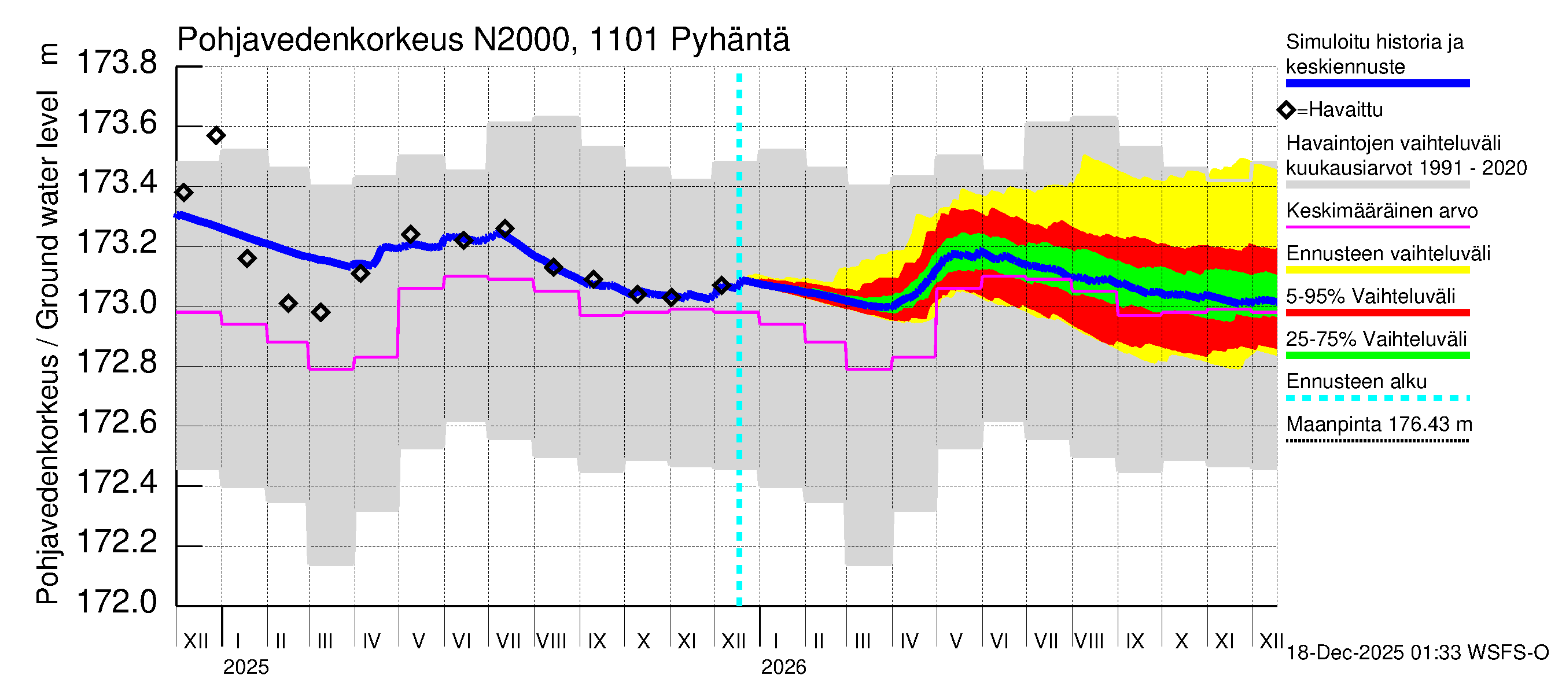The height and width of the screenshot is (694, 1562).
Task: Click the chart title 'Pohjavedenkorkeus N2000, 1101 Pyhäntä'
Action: (x=482, y=40)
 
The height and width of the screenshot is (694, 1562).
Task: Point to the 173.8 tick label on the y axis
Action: (x=117, y=63)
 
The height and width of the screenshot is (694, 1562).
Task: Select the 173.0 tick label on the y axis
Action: (x=117, y=302)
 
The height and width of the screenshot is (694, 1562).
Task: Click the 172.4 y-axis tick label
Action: (x=117, y=482)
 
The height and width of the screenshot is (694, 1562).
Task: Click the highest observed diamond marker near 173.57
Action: (x=216, y=136)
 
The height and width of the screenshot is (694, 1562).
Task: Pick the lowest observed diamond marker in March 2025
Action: (x=320, y=313)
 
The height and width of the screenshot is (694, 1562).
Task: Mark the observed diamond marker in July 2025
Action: (x=504, y=229)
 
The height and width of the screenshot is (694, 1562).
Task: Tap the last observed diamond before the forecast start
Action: (x=721, y=285)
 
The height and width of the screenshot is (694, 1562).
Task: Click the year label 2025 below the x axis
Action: (x=245, y=667)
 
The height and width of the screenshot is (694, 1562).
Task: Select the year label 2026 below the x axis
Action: (x=783, y=667)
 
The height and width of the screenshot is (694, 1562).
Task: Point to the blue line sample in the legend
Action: (x=1377, y=84)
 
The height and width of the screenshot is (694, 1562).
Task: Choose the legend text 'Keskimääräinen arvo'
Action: (x=1382, y=211)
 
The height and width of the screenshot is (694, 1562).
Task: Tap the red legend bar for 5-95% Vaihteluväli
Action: (x=1377, y=313)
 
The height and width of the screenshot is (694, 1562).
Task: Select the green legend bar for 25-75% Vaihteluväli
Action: (x=1377, y=356)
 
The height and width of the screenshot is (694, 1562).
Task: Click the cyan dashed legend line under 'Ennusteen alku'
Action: (x=1377, y=398)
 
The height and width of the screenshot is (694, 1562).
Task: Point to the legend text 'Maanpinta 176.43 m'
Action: (x=1379, y=424)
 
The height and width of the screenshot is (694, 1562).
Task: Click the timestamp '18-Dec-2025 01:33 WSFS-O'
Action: (x=1417, y=653)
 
